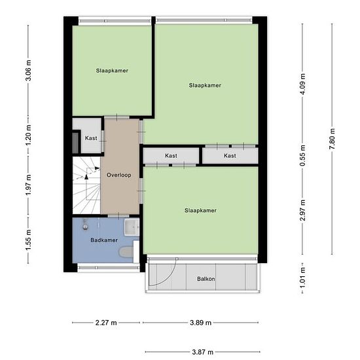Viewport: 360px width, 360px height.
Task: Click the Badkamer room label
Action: click(x=104, y=240)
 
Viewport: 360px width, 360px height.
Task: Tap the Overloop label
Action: click(x=119, y=175)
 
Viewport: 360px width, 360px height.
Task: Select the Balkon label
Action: click(x=206, y=279)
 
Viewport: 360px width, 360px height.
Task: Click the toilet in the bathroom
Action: click(x=126, y=252)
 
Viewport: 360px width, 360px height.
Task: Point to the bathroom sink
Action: click(x=132, y=227)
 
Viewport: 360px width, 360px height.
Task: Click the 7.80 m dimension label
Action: click(x=333, y=139)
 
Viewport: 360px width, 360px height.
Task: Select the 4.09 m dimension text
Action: click(x=302, y=84)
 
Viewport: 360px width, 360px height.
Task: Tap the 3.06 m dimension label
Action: click(x=28, y=70)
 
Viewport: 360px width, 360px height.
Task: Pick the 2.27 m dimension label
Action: click(x=106, y=323)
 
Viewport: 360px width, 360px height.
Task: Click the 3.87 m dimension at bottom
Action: click(x=202, y=351)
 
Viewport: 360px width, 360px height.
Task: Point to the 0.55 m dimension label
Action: click(x=302, y=155)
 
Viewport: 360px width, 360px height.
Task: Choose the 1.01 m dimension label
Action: click(x=302, y=278)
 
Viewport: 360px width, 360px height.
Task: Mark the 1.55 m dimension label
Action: click(x=28, y=240)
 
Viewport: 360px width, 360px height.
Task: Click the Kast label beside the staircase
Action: click(x=91, y=138)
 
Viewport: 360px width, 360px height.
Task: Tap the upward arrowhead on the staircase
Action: click(x=86, y=177)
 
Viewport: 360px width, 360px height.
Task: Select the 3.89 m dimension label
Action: click(x=200, y=323)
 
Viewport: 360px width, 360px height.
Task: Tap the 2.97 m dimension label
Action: click(x=302, y=210)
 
